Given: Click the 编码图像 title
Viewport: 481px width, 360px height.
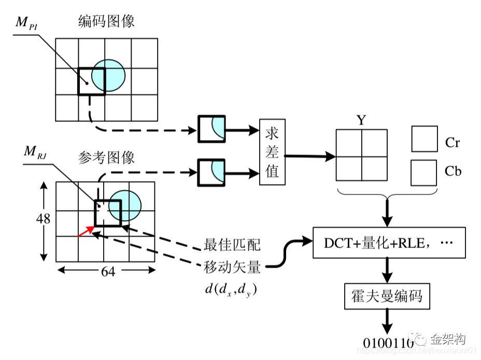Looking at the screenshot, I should (106, 22).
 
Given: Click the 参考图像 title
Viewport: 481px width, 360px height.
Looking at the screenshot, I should (106, 158).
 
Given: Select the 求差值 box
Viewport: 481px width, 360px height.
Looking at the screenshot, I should (272, 152).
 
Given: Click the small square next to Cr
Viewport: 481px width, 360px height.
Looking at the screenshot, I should (424, 139).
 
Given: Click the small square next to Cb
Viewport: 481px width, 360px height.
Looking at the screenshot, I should (424, 173).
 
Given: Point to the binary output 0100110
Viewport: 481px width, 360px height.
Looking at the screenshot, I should (388, 343).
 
